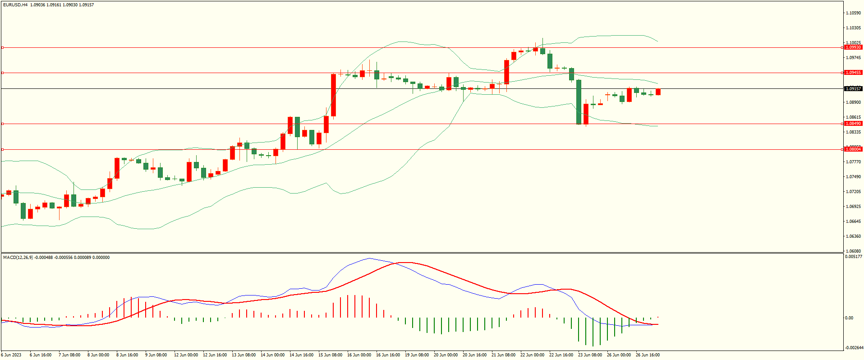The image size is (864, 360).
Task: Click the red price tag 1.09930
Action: [x=853, y=47]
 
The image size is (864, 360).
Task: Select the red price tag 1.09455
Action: [x=853, y=73]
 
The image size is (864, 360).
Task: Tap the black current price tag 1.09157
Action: [x=853, y=89]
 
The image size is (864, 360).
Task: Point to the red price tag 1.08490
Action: [x=853, y=124]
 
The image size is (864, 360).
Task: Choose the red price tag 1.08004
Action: [x=853, y=149]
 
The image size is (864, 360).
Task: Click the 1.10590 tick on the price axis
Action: [x=853, y=13]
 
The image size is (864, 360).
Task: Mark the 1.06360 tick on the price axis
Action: [x=853, y=236]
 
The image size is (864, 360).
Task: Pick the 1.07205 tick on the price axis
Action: [x=853, y=192]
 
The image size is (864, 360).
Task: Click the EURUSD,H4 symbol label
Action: [x=15, y=5]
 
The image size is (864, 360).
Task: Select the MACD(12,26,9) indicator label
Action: [x=18, y=258]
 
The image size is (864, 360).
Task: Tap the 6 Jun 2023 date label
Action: [x=11, y=355]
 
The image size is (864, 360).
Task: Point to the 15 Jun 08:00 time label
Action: [x=330, y=355]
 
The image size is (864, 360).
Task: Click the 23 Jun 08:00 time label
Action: [x=590, y=355]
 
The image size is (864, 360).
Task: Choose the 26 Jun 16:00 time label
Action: [x=648, y=355]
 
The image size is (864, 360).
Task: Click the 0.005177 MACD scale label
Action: [x=853, y=257]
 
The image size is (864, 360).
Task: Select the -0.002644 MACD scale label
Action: [x=853, y=348]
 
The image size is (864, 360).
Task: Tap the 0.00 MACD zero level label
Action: [x=849, y=318]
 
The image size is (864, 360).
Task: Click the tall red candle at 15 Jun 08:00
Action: [x=333, y=95]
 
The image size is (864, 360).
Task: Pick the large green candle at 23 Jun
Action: [x=579, y=102]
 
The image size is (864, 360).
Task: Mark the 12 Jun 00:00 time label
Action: [x=186, y=355]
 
